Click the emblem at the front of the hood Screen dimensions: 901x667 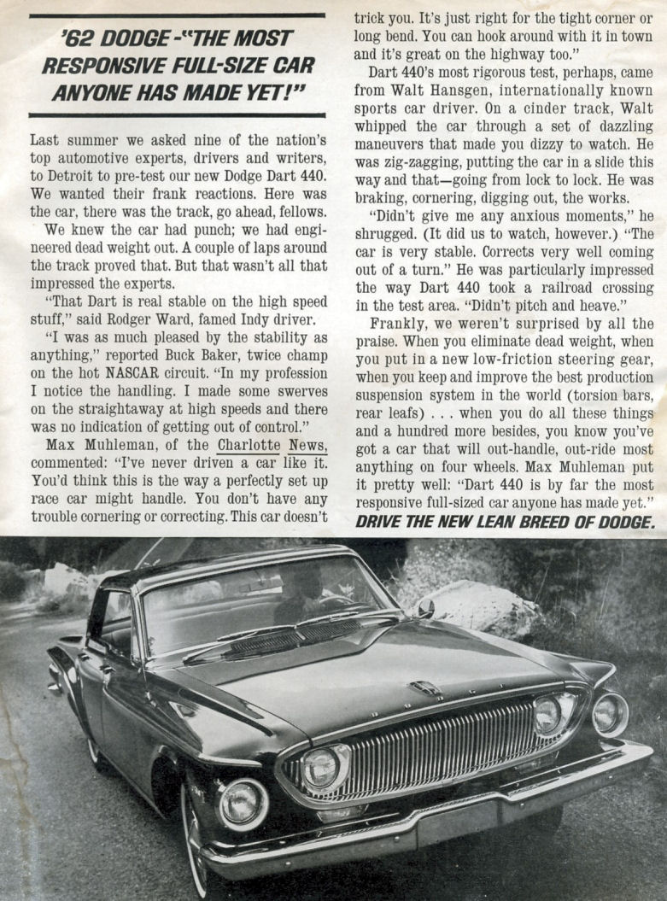[x=424, y=687]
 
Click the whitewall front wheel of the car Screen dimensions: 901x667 [x=196, y=833]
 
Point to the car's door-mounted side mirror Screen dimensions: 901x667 [x=424, y=608]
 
